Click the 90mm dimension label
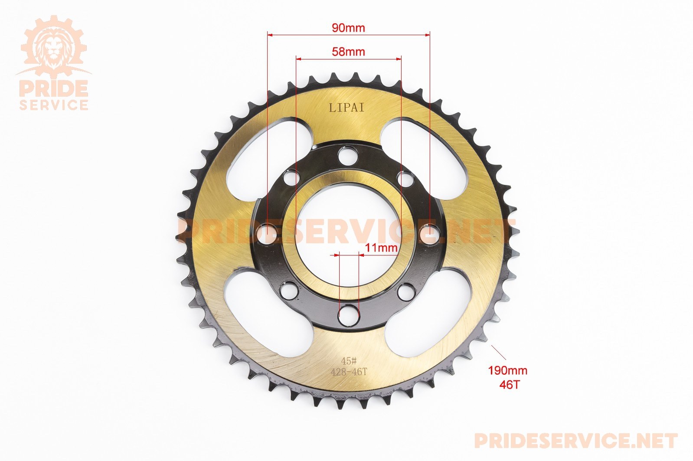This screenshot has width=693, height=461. coord(348,28)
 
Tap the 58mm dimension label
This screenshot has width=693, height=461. coord(348,51)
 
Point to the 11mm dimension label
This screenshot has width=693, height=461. coord(381,248)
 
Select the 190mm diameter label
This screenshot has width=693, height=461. coord(508,370)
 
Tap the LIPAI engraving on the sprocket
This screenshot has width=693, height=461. coord(346,108)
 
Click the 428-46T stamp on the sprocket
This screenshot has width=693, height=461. coord(349,372)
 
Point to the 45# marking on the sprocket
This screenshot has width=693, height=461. coord(349,361)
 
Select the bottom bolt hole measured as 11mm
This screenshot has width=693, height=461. coord(349,315)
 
